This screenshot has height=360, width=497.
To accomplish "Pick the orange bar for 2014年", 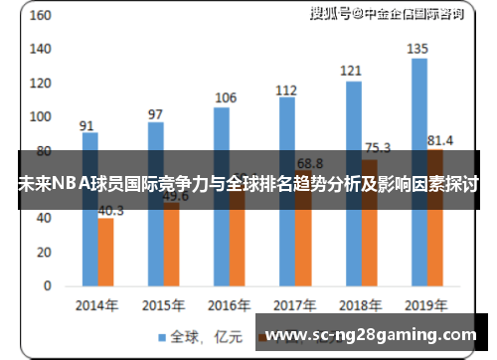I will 105,254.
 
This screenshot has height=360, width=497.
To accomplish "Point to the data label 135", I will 418,49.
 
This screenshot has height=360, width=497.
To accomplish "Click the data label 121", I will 351,71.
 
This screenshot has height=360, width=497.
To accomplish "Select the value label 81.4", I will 438,139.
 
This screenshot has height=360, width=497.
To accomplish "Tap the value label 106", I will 226,97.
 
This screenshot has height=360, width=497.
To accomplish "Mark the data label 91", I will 87,125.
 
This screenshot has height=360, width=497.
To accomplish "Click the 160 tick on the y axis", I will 39,16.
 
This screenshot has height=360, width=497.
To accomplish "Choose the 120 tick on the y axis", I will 39,84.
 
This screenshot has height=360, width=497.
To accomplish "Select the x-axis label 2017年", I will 294,304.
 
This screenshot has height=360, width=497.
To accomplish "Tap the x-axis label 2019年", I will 427,304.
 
